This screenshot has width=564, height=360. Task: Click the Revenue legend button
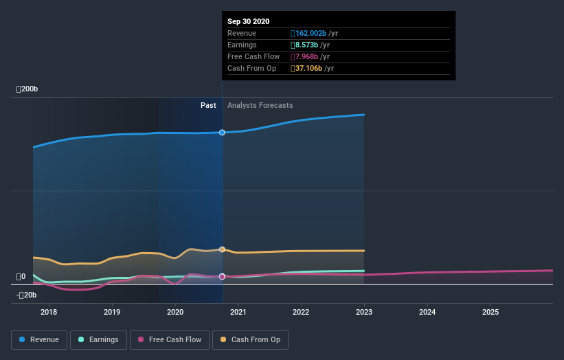tap(40, 339)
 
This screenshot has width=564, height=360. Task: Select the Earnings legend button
tap(99, 339)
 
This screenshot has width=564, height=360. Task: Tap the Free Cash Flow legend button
tap(169, 339)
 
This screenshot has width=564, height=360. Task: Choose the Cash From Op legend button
tap(251, 339)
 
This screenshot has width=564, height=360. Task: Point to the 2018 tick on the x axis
tap(49, 313)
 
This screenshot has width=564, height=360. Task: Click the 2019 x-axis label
tap(112, 313)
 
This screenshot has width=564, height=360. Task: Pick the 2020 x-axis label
tap(175, 313)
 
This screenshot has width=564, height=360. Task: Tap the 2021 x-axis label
tap(238, 313)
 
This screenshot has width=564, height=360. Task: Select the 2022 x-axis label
tap(301, 313)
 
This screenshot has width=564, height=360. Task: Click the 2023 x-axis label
tap(364, 313)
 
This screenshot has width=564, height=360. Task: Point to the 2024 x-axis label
tap(427, 313)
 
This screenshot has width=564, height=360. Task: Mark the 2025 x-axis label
tap(490, 313)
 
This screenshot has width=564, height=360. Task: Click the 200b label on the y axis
tap(28, 89)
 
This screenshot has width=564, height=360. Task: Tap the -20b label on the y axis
tap(28, 295)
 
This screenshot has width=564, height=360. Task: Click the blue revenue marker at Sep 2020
tap(222, 133)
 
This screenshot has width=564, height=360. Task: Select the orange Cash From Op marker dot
tap(222, 249)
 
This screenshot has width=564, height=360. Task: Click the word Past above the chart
tap(208, 106)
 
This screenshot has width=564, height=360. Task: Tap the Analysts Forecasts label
tap(260, 106)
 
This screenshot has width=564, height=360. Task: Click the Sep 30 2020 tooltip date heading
tap(249, 21)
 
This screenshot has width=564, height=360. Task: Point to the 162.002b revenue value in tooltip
tap(311, 33)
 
